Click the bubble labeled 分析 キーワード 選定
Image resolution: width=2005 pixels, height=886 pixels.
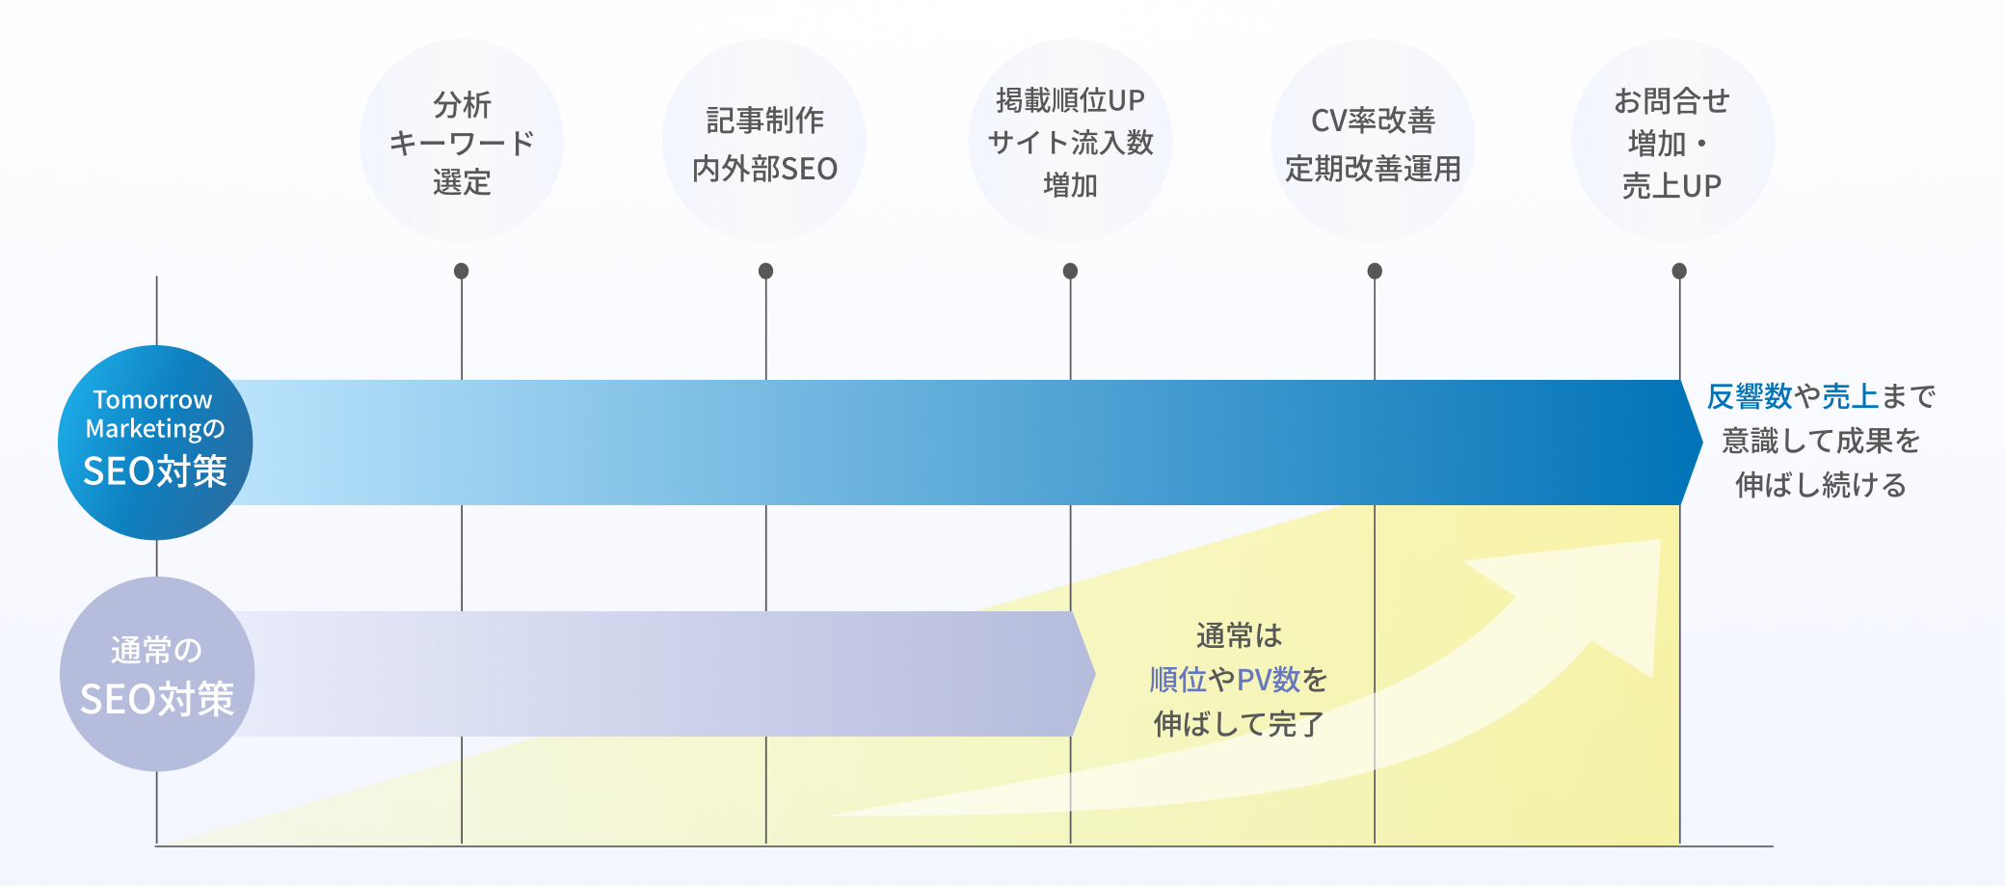(462, 141)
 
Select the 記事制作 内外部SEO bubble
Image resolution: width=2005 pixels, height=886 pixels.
(764, 141)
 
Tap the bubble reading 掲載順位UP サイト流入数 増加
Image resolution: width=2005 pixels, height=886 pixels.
(1070, 141)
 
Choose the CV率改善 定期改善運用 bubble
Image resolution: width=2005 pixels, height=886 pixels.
(1373, 141)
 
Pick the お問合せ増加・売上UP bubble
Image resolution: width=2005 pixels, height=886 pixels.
(1672, 141)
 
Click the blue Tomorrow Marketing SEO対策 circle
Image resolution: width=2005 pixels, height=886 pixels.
(155, 442)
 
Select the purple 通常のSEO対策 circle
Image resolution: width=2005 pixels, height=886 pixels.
(156, 674)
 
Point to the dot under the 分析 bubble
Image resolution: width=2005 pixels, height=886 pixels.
(462, 271)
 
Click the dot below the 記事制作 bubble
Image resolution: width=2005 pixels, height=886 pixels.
(765, 271)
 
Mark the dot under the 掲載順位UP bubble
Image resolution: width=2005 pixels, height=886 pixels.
(1070, 271)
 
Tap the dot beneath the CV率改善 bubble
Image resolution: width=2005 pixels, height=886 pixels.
(1375, 271)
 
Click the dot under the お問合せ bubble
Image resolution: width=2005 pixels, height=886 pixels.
(1679, 271)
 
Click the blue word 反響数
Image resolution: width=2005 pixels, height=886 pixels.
(1750, 396)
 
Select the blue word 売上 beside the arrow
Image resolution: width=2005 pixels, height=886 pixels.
(1850, 396)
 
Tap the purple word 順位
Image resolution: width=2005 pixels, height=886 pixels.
(1178, 680)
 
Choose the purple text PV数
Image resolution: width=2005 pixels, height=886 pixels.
(1269, 680)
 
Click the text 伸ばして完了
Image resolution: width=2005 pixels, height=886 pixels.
(1239, 724)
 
